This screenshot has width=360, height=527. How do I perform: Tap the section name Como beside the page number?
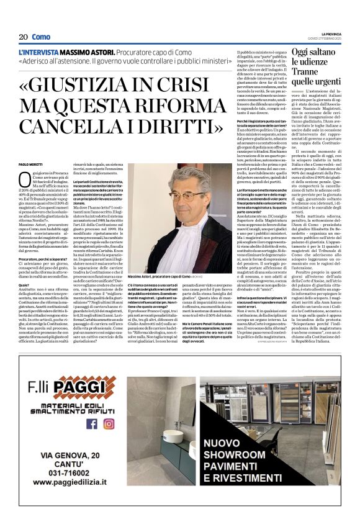tap(41, 37)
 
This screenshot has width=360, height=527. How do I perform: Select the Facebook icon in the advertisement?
tap(92, 424)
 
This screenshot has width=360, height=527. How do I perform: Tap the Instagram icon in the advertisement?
tap(109, 424)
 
